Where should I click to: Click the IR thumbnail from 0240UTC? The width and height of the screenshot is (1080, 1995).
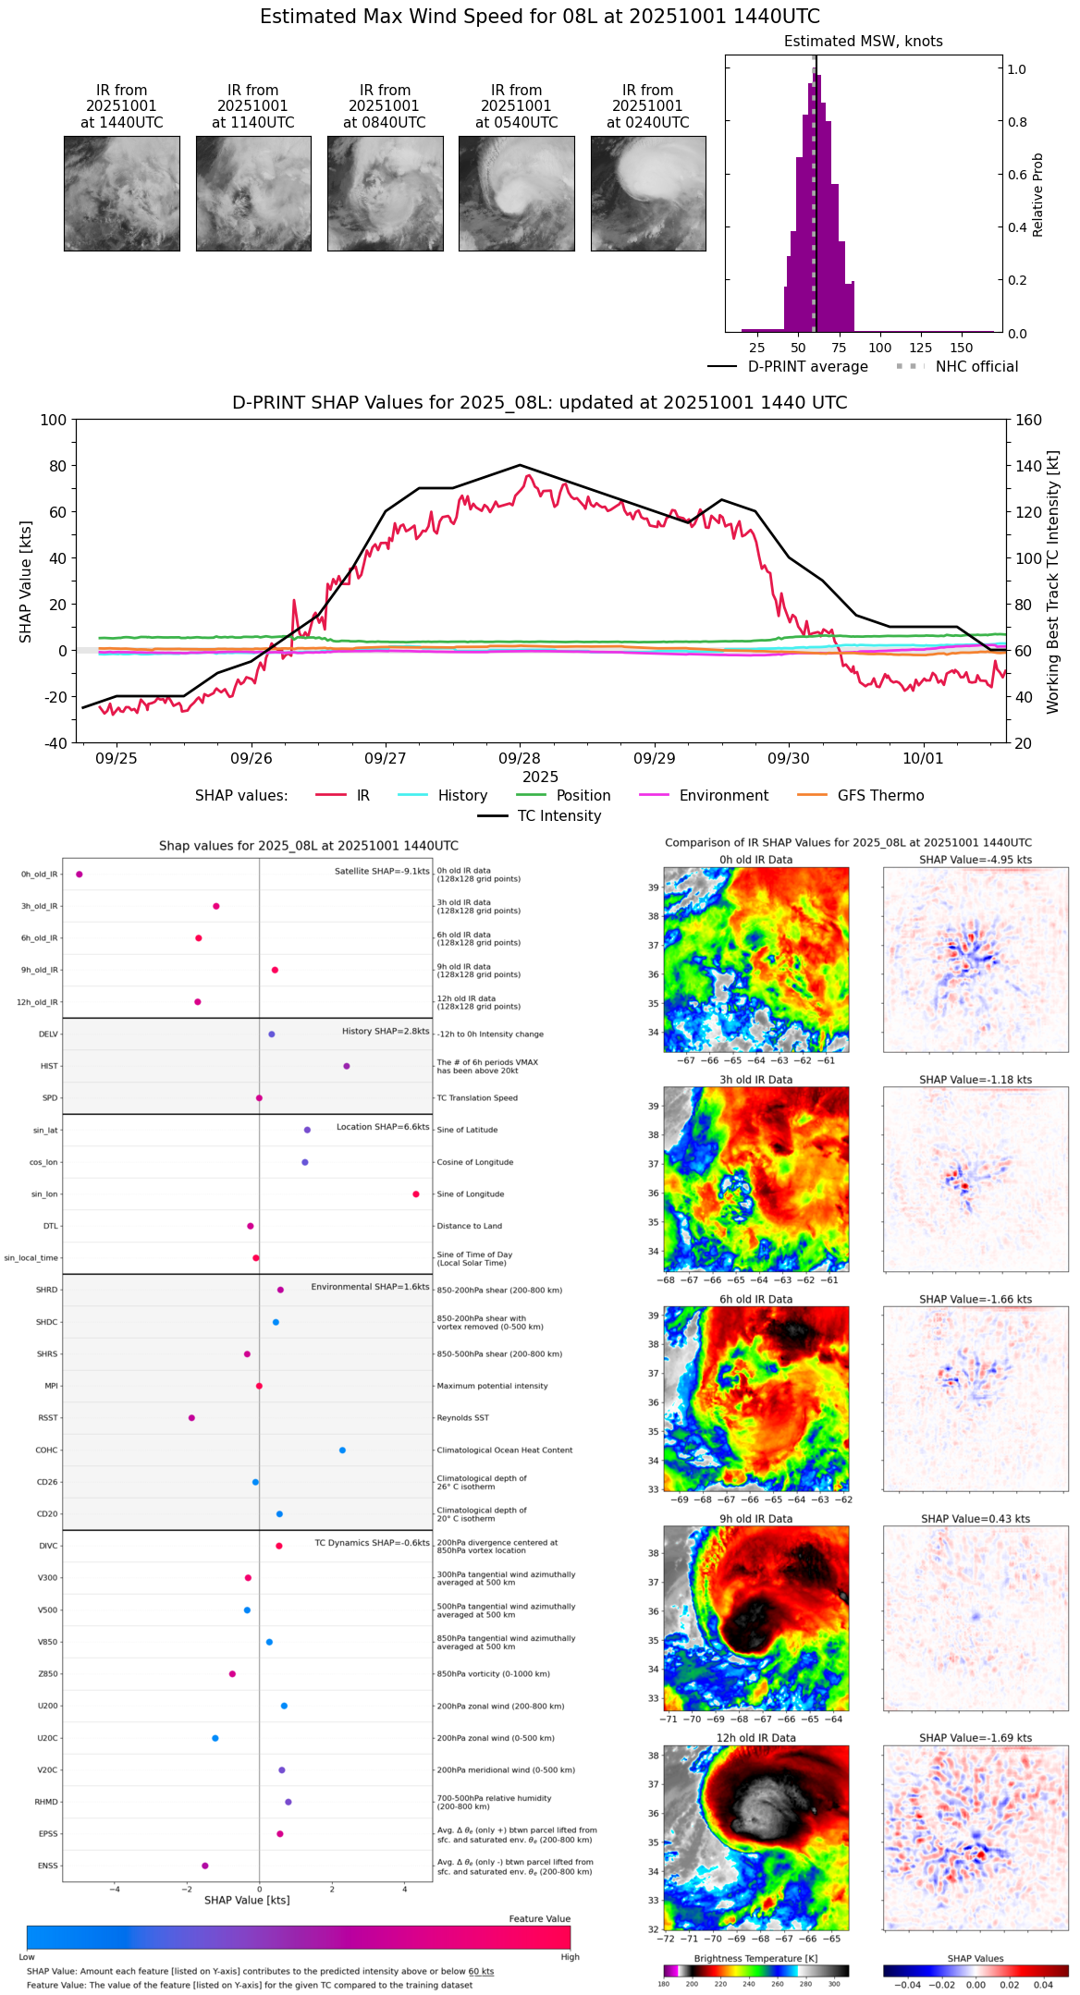pyautogui.click(x=648, y=193)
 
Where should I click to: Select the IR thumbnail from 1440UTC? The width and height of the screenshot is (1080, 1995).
pyautogui.click(x=122, y=193)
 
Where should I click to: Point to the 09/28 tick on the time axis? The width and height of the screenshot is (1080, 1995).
pyautogui.click(x=520, y=758)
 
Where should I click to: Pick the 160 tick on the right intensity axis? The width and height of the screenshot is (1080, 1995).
pyautogui.click(x=1028, y=420)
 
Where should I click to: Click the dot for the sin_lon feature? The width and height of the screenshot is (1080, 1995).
pyautogui.click(x=416, y=1194)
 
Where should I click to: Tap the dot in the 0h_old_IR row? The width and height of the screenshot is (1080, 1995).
pyautogui.click(x=80, y=875)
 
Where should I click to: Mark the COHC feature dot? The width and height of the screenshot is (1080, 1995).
pyautogui.click(x=342, y=1450)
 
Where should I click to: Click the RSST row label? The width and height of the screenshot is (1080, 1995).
pyautogui.click(x=47, y=1418)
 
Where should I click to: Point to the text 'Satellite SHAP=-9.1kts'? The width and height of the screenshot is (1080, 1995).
pyautogui.click(x=382, y=871)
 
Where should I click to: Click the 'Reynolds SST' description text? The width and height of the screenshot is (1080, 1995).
pyautogui.click(x=462, y=1418)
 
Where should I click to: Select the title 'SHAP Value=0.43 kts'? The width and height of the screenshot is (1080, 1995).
pyautogui.click(x=976, y=1519)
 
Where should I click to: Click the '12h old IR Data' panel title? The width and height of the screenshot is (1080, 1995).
pyautogui.click(x=755, y=1738)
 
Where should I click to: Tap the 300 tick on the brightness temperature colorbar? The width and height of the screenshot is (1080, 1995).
pyautogui.click(x=835, y=1984)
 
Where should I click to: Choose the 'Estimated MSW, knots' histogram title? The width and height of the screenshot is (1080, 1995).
pyautogui.click(x=863, y=42)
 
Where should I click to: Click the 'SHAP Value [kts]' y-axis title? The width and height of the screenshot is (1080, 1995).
pyautogui.click(x=26, y=581)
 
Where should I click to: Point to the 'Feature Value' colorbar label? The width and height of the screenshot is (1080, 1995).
pyautogui.click(x=539, y=1919)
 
